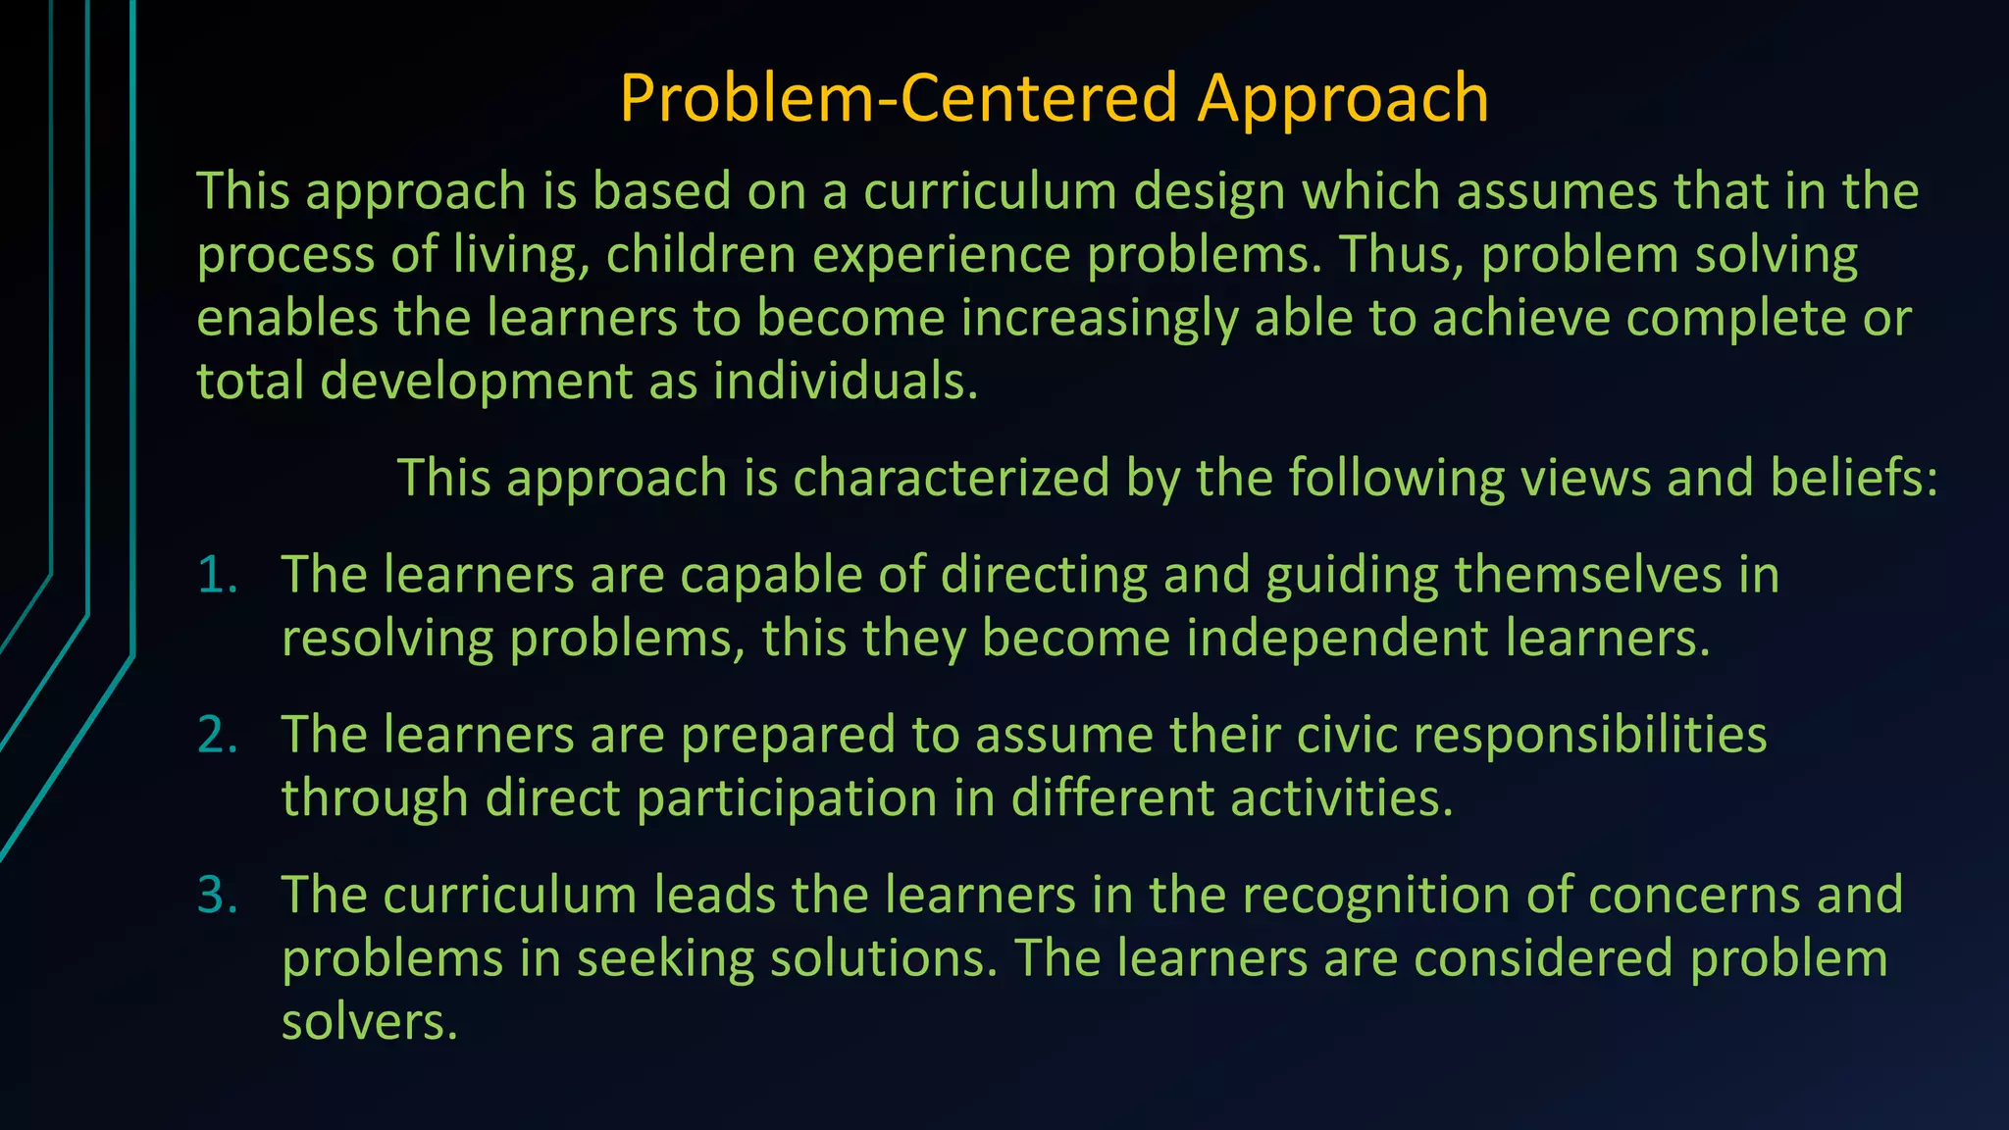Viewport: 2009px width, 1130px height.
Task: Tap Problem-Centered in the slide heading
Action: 898,99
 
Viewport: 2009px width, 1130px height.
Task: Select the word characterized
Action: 951,479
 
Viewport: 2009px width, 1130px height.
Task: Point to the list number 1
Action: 217,576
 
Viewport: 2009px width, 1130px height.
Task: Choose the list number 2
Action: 217,736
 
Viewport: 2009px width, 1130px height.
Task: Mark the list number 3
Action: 217,897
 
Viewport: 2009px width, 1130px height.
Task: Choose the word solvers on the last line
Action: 369,1023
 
